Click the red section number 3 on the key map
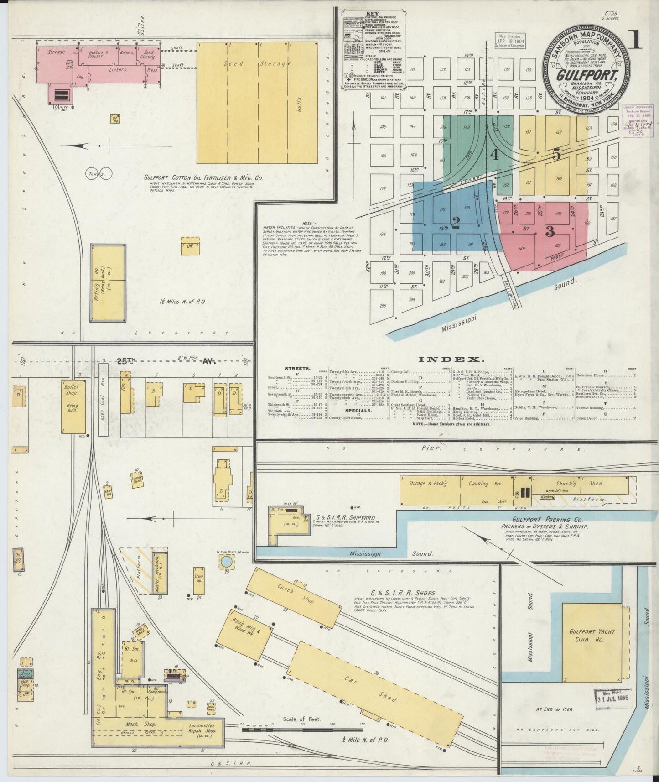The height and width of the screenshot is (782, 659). [550, 231]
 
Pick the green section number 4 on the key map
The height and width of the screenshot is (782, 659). [494, 155]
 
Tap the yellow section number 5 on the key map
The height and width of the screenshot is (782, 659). [556, 155]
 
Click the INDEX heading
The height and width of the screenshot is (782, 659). [456, 359]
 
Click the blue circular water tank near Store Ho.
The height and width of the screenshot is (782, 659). [225, 562]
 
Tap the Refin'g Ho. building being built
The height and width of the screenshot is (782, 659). [108, 283]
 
